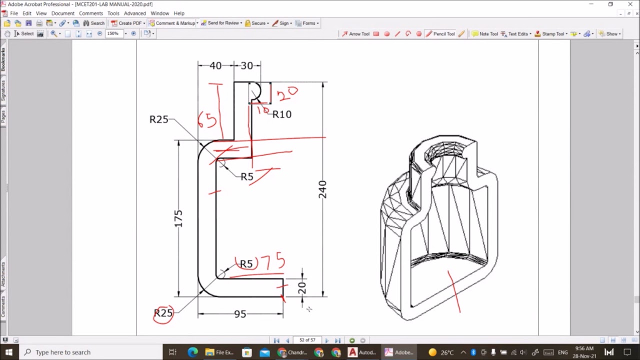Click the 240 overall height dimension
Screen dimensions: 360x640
pyautogui.click(x=322, y=189)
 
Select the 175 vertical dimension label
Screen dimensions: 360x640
pyautogui.click(x=178, y=219)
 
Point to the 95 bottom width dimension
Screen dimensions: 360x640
pyautogui.click(x=240, y=314)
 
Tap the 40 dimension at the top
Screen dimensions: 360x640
pyautogui.click(x=215, y=66)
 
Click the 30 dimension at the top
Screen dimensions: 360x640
pyautogui.click(x=247, y=66)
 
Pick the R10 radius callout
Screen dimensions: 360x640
pyautogui.click(x=282, y=114)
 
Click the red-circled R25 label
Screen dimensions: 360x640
pyautogui.click(x=163, y=313)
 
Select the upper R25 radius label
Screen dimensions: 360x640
pyautogui.click(x=159, y=119)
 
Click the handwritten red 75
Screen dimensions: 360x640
pyautogui.click(x=273, y=261)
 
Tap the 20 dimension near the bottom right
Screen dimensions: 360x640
pyautogui.click(x=301, y=288)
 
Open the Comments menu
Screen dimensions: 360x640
pyautogui.click(x=90, y=13)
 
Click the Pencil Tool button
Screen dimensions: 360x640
pyautogui.click(x=440, y=34)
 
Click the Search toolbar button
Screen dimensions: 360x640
pyautogui.click(x=94, y=23)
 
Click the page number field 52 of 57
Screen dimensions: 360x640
pyautogui.click(x=307, y=340)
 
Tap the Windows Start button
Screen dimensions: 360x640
pyautogui.click(x=9, y=352)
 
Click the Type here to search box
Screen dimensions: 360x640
pyautogui.click(x=63, y=352)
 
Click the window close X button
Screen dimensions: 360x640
pyautogui.click(x=630, y=4)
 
